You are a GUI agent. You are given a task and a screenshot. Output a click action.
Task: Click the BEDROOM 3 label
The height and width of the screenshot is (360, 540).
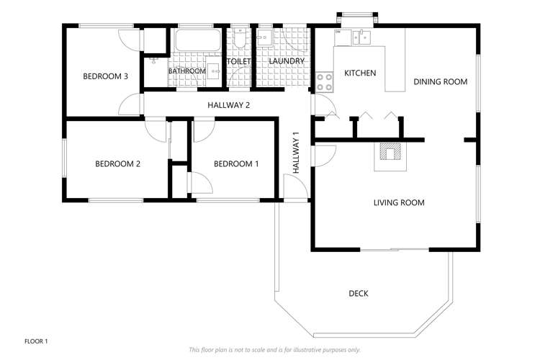[105, 76]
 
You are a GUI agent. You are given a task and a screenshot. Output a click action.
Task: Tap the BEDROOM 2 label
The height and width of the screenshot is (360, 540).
[117, 164]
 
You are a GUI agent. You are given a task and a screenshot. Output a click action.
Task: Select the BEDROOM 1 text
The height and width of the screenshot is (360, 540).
[236, 164]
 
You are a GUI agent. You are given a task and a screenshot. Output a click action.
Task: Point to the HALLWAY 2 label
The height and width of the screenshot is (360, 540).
[229, 106]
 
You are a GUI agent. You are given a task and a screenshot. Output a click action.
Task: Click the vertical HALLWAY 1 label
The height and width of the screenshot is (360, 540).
[296, 153]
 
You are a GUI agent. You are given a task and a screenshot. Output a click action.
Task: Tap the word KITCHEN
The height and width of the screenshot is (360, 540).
[360, 73]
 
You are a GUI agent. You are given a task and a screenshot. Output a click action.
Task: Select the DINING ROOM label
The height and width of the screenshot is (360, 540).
[440, 82]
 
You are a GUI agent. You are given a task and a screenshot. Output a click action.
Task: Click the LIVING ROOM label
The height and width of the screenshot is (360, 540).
[399, 203]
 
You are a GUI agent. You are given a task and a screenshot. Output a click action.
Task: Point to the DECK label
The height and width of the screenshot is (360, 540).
[359, 293]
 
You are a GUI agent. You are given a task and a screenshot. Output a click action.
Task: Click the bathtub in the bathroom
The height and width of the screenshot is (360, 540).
[197, 40]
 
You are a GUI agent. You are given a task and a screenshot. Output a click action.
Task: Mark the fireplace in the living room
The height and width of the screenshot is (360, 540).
[390, 153]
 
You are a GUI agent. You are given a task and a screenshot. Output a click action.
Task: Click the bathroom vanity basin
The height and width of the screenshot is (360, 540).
[213, 70]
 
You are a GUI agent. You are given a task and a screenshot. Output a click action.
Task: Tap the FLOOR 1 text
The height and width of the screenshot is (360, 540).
[36, 341]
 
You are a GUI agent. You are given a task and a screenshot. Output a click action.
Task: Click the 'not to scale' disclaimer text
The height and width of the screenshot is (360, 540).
[274, 349]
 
